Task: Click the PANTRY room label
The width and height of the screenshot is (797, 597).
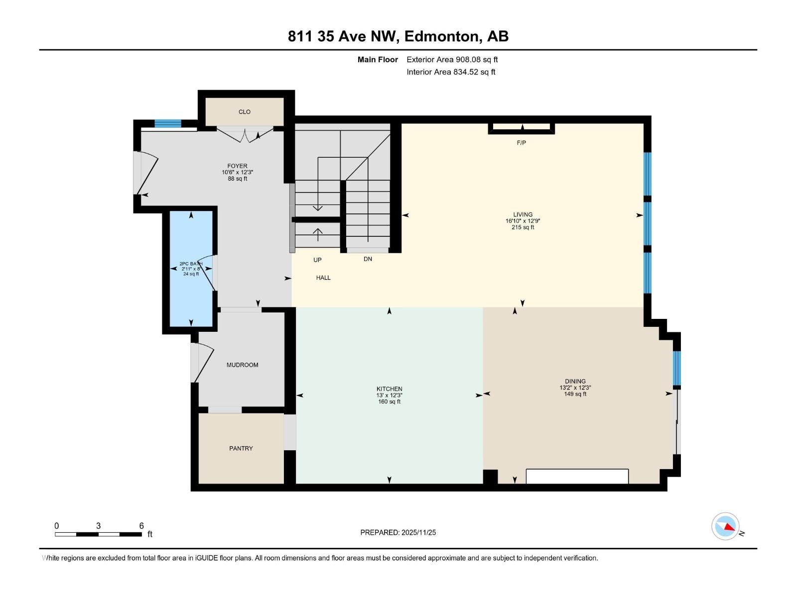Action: (x=241, y=448)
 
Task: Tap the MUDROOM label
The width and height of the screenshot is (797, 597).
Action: (x=242, y=365)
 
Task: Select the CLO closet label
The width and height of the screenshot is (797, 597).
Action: (x=244, y=112)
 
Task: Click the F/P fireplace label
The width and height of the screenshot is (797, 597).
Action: (x=521, y=143)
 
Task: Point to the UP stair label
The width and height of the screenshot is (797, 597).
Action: (x=317, y=260)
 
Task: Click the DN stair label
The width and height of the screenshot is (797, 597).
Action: (x=368, y=259)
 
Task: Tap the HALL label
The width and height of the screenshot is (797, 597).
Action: (x=323, y=278)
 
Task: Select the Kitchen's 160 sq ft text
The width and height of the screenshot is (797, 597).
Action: (x=389, y=401)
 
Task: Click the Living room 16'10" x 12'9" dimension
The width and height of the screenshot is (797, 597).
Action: (x=523, y=221)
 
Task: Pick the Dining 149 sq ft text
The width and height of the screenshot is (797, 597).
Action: (x=575, y=394)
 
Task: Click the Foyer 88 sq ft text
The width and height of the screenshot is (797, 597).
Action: (x=238, y=179)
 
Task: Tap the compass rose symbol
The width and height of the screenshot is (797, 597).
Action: (x=725, y=526)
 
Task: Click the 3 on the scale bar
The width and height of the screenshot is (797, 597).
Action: (x=98, y=526)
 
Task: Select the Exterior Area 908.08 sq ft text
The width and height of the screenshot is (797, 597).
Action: (x=452, y=59)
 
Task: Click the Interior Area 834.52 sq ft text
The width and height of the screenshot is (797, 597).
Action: (x=451, y=72)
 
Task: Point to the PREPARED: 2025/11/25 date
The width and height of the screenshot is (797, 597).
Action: (x=398, y=532)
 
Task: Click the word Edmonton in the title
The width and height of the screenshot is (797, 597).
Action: (x=442, y=36)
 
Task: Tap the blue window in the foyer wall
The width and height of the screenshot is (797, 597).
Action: (x=167, y=123)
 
